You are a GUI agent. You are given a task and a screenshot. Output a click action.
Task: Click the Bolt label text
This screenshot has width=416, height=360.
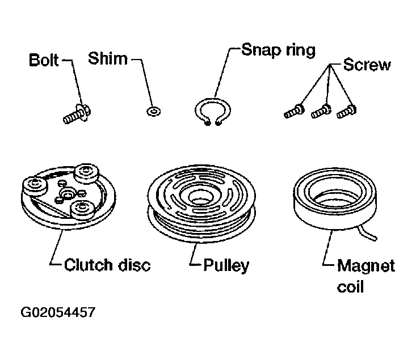click(x=44, y=60)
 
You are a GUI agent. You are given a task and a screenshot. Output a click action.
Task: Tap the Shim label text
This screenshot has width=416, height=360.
click(x=108, y=58)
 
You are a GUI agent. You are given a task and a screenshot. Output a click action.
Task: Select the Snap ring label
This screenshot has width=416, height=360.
click(x=278, y=50)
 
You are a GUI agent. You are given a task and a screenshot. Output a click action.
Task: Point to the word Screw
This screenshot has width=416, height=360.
click(x=367, y=65)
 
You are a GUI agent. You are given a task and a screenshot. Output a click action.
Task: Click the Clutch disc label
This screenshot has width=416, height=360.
click(x=107, y=265)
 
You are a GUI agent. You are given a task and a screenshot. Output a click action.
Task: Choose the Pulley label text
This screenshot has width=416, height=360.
click(x=226, y=265)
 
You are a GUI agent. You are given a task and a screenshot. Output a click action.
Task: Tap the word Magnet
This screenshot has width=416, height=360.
click(x=366, y=266)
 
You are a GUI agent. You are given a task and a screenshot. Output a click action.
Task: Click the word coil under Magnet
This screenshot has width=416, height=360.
click(x=350, y=287)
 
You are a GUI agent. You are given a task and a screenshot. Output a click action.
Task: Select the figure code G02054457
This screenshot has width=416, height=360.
click(x=58, y=312)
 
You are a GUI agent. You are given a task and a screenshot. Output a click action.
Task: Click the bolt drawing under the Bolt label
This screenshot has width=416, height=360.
click(x=77, y=114)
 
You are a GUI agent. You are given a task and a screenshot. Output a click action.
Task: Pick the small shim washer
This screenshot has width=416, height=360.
click(x=153, y=111)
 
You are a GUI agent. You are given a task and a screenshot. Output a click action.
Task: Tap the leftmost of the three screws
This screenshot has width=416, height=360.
click(x=294, y=111)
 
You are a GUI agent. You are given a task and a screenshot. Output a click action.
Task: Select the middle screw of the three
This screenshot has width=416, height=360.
click(x=321, y=111)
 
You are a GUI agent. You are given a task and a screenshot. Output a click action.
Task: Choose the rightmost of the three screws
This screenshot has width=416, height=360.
click(x=347, y=111)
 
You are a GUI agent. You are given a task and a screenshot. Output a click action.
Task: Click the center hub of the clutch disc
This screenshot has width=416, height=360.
click(x=68, y=193)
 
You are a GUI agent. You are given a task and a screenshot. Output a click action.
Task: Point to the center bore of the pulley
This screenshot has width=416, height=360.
click(x=201, y=198)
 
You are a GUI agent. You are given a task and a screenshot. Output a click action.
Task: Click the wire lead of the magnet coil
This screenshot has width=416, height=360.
click(x=367, y=233)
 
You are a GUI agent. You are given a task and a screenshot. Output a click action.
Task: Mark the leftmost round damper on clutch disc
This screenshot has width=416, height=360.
click(x=35, y=186)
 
